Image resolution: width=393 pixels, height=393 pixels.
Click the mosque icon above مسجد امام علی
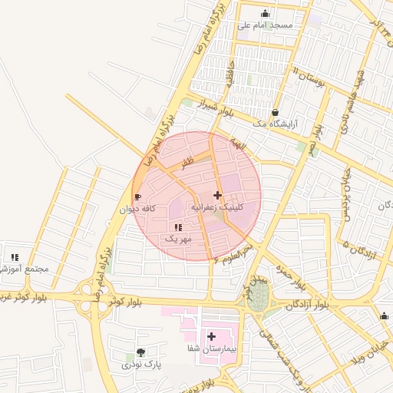pyautogui.click(x=266, y=13)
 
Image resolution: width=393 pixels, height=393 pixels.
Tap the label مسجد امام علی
pyautogui.click(x=265, y=25)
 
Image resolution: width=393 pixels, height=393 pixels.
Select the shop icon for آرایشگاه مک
pyautogui.click(x=275, y=112)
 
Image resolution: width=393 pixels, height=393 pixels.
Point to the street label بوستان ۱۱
pyautogui.click(x=309, y=76)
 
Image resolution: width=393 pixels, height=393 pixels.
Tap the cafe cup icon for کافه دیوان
pyautogui.click(x=138, y=196)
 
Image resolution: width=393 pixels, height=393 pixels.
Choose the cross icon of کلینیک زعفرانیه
pyautogui.click(x=218, y=195)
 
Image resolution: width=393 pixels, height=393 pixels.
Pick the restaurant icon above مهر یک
pyautogui.click(x=178, y=227)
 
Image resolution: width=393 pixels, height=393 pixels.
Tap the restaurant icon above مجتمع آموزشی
pyautogui.click(x=15, y=257)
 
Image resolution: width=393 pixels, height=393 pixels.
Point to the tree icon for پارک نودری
pyautogui.click(x=140, y=352)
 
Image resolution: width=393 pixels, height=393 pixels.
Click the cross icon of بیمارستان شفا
pyautogui.click(x=211, y=336)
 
